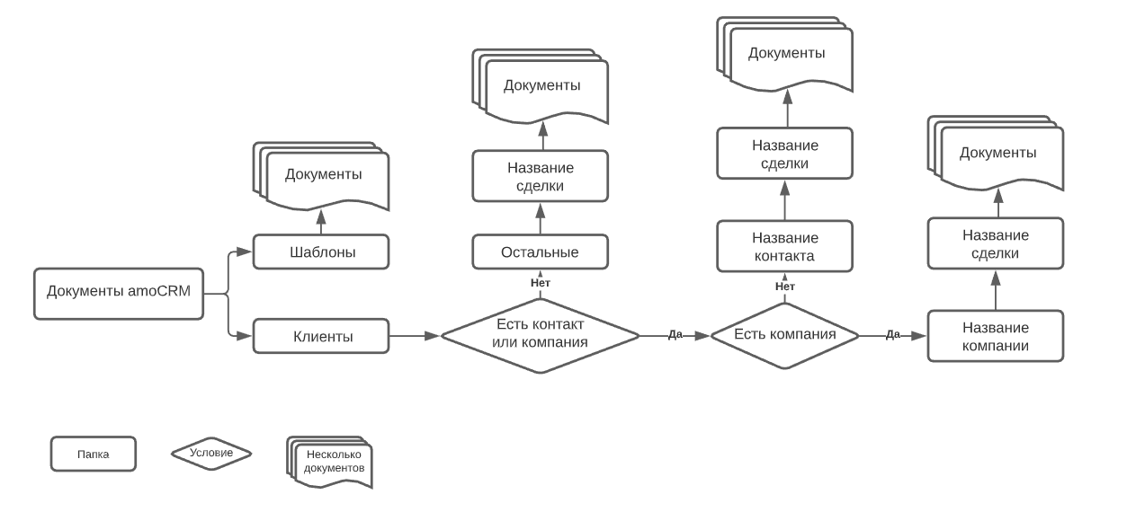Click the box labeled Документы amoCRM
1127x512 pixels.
pyautogui.click(x=119, y=294)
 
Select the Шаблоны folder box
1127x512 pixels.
pyautogui.click(x=321, y=252)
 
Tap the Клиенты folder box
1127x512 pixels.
pyautogui.click(x=321, y=336)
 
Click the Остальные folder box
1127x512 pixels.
pyautogui.click(x=541, y=252)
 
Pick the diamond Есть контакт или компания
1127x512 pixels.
pyautogui.click(x=541, y=336)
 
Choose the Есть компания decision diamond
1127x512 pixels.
pyautogui.click(x=785, y=336)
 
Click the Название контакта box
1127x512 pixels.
pyautogui.click(x=785, y=246)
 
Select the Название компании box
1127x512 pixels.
pyautogui.click(x=996, y=336)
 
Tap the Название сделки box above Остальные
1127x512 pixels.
pyautogui.click(x=541, y=176)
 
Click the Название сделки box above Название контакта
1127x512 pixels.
pyautogui.click(x=785, y=154)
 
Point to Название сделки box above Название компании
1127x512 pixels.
pyautogui.click(x=996, y=243)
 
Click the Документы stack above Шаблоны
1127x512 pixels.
pyautogui.click(x=321, y=176)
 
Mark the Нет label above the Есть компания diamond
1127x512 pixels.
pyautogui.click(x=785, y=287)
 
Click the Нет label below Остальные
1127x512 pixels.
pyautogui.click(x=541, y=283)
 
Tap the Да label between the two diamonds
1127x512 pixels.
pyautogui.click(x=675, y=334)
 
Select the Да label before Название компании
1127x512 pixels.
pyautogui.click(x=893, y=334)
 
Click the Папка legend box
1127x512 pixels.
pyautogui.click(x=94, y=454)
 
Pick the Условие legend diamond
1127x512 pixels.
pyautogui.click(x=211, y=454)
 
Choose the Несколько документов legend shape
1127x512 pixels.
pyautogui.click(x=329, y=463)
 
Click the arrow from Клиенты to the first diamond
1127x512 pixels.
pyautogui.click(x=415, y=336)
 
